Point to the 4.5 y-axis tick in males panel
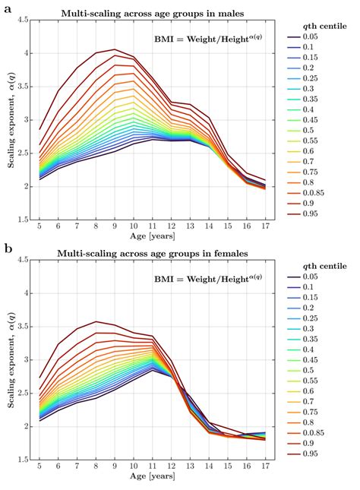point(23,21)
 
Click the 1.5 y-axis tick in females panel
point(23,460)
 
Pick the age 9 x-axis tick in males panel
point(115,226)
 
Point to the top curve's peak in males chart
point(115,49)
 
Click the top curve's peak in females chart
point(96,321)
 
